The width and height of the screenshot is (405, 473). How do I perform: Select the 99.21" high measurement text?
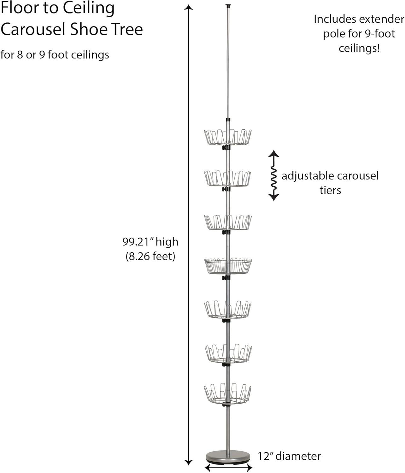[150, 242]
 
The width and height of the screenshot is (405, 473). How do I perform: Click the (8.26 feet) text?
[150, 256]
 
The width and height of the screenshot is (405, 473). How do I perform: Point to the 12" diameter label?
[289, 456]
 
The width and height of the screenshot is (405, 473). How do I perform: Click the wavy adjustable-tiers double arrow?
[274, 176]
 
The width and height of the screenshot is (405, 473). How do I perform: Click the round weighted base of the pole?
[228, 457]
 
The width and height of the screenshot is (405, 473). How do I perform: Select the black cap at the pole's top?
[228, 6]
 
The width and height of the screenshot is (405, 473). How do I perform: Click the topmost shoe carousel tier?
[228, 137]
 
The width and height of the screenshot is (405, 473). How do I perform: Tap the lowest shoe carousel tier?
[228, 394]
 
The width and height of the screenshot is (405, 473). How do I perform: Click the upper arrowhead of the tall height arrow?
[188, 8]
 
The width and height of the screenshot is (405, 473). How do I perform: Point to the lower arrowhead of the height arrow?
[188, 463]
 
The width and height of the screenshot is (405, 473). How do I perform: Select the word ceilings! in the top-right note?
[359, 49]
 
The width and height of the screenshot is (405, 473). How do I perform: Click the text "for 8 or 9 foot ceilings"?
[55, 55]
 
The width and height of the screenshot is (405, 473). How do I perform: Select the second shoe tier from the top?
[227, 179]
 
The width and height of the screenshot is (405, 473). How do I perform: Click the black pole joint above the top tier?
[228, 120]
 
